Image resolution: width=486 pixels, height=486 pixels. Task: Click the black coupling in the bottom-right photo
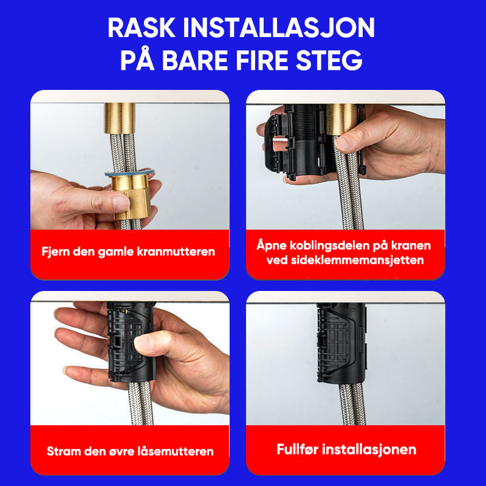click(341, 343)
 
